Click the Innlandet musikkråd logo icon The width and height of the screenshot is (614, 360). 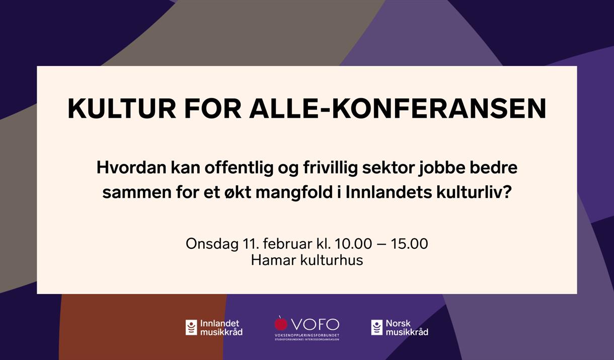(191, 328)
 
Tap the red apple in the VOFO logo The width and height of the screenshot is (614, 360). (281, 323)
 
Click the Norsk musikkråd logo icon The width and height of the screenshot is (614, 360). (376, 328)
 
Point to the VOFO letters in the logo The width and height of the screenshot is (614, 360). (315, 324)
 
